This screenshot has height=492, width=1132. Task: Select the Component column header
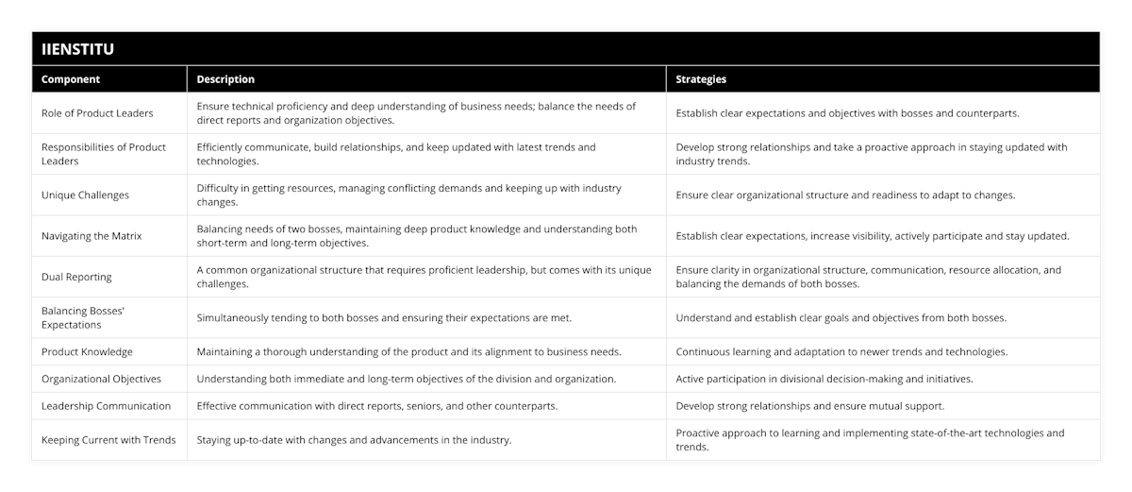coord(71,79)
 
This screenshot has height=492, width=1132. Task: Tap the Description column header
coord(225,79)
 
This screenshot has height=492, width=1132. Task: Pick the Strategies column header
coord(701,79)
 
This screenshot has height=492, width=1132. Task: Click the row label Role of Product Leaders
coord(97,113)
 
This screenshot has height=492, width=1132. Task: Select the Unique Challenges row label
coord(85,195)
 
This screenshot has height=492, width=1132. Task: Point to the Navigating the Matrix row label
coord(92,236)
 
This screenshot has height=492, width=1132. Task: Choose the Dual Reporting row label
coord(76,277)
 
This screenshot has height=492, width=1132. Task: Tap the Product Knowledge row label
coord(87,351)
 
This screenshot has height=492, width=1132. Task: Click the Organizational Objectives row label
coord(101,379)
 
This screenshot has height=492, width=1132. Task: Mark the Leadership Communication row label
coord(106,406)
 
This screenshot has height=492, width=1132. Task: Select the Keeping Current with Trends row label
coord(108,440)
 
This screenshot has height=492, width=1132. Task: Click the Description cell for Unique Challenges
coord(408,195)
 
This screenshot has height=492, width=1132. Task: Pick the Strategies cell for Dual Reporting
coord(868,277)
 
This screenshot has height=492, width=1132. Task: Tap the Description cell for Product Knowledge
coord(408,351)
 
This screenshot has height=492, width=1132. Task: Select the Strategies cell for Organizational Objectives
coord(824,379)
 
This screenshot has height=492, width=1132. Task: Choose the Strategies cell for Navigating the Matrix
coord(873,236)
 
